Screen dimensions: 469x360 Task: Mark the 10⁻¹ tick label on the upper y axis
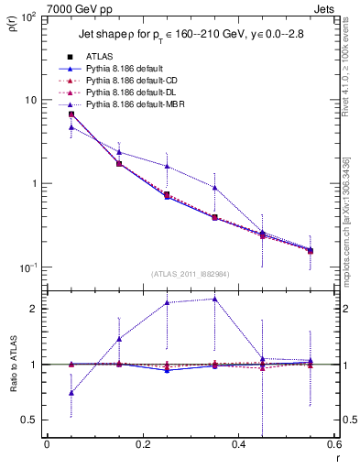[27, 267]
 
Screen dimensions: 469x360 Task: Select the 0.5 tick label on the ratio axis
[29, 420]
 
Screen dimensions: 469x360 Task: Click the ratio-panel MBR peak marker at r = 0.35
[214, 299]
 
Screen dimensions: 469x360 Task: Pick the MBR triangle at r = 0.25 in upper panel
[167, 166]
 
